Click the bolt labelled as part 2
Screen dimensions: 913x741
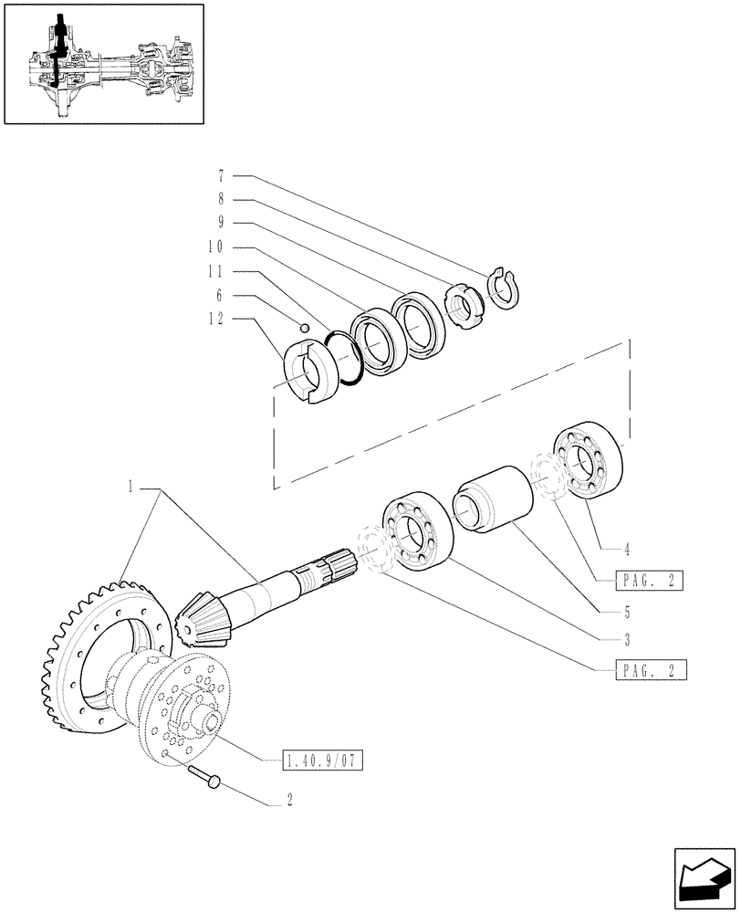tap(206, 776)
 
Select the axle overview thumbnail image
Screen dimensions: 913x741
tap(102, 64)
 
